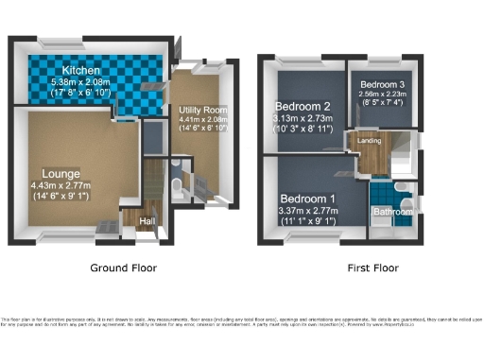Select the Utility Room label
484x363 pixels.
(x=202, y=111)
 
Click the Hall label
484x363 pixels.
(x=147, y=222)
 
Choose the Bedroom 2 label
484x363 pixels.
(x=302, y=106)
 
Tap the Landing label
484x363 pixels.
(x=370, y=142)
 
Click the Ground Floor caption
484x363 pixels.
(x=124, y=268)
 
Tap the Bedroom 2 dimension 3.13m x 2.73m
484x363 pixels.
(x=302, y=118)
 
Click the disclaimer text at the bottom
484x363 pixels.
(x=242, y=324)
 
